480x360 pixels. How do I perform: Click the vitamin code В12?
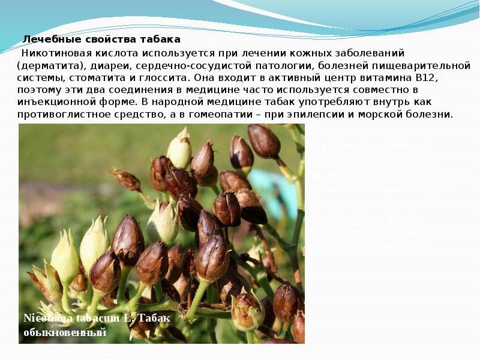tap(427, 77)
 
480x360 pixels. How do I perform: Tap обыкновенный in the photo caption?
tap(65, 332)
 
